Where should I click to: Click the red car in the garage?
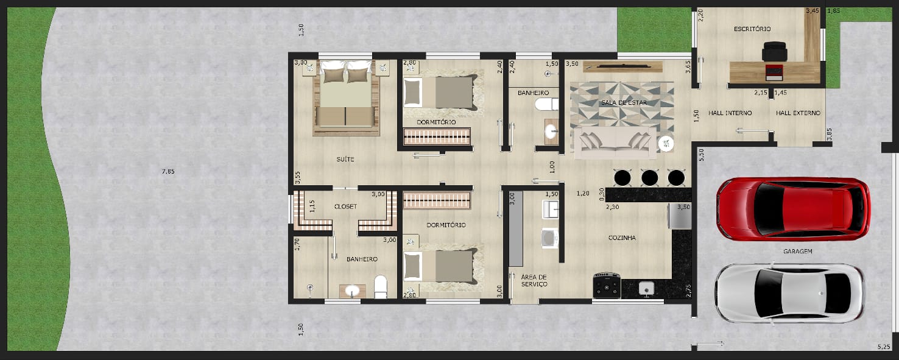[793, 209]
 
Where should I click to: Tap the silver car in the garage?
[789, 293]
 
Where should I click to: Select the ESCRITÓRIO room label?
[752, 29]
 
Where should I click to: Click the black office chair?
[774, 51]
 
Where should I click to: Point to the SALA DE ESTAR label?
[624, 103]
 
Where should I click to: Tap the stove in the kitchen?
[607, 285]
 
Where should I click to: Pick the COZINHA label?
[622, 238]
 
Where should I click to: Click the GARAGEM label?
[797, 251]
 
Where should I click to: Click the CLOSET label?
[345, 206]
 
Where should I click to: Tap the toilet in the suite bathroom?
[381, 286]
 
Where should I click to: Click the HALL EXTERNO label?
[798, 113]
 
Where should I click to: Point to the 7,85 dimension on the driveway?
[168, 171]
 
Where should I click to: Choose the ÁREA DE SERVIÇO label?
[534, 281]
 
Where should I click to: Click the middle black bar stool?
[649, 178]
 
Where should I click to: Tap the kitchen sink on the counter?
[646, 289]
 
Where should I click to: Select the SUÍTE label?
[345, 160]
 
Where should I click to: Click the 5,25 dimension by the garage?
[883, 347]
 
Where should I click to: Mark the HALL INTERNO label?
[730, 113]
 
